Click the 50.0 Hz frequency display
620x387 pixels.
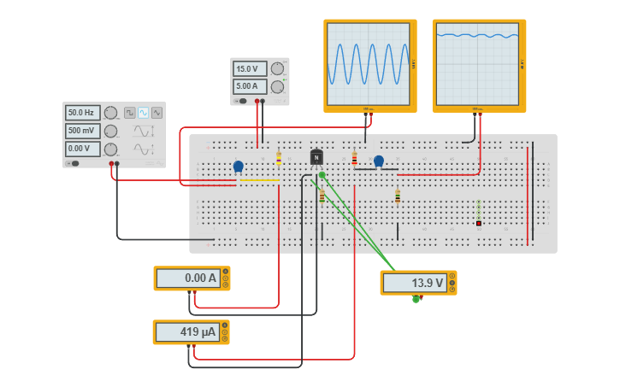coord(83,113)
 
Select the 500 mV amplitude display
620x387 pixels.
coord(83,131)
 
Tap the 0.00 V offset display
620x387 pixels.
coord(83,149)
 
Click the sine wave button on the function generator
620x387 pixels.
coord(144,113)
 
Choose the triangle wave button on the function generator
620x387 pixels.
coord(157,113)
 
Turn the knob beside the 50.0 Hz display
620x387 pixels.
coord(111,113)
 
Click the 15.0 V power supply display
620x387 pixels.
coord(250,69)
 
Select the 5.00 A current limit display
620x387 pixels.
coord(250,86)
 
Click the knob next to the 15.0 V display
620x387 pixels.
coord(277,69)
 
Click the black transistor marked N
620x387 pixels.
coord(316,156)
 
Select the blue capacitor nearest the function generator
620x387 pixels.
coord(239,166)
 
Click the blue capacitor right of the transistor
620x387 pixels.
coord(379,161)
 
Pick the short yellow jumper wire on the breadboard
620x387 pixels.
coord(259,180)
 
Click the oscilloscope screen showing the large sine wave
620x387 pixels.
coord(369,64)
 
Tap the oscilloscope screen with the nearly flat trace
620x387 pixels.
coord(478,64)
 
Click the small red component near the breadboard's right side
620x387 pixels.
coord(479,224)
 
